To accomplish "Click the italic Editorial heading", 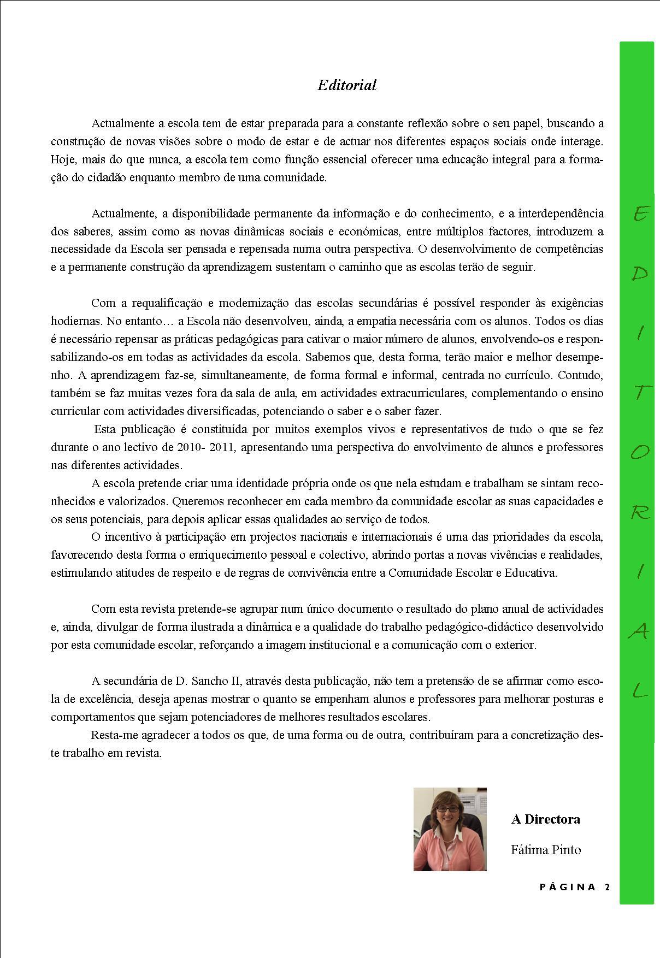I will tap(347, 85).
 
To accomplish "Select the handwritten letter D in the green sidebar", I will tap(640, 274).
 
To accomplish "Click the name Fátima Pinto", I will tap(546, 850).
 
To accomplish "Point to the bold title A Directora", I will tap(545, 819).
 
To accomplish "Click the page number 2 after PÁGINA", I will tap(608, 887).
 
